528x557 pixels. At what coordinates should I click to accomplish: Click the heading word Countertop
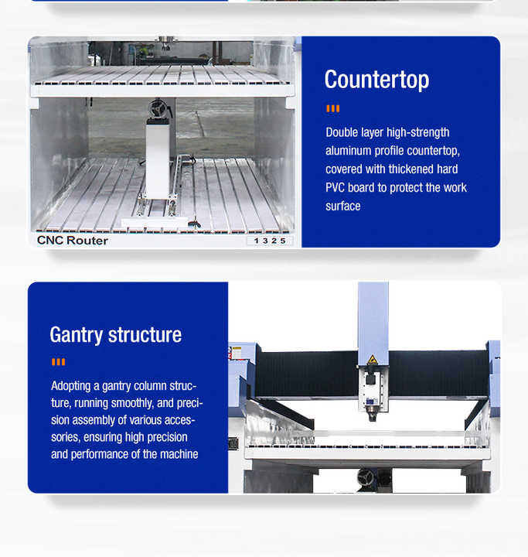[x=376, y=80]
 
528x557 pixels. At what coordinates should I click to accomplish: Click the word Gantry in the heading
[x=77, y=335]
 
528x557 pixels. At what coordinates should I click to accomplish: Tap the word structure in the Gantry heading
[x=145, y=335]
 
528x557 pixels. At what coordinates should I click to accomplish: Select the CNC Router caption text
[x=73, y=241]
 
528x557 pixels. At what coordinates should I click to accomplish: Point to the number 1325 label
[x=270, y=241]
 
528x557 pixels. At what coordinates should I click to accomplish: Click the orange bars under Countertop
[x=333, y=109]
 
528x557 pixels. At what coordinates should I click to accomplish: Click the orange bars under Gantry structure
[x=58, y=362]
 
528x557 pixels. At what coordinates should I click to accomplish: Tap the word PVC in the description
[x=335, y=187]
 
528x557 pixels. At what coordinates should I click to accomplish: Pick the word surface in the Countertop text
[x=343, y=206]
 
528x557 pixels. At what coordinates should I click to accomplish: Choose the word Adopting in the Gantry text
[x=70, y=386]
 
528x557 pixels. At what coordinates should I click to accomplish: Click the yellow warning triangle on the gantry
[x=372, y=360]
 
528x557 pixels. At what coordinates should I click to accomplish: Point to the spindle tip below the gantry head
[x=372, y=418]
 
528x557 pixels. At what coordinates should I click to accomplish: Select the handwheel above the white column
[x=158, y=108]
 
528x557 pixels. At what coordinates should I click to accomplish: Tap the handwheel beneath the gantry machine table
[x=366, y=477]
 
